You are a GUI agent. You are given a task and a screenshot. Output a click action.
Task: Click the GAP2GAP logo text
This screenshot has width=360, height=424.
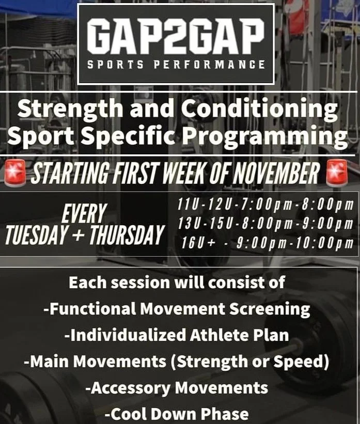tap(176, 37)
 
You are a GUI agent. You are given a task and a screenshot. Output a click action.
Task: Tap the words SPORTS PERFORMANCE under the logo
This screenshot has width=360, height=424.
tap(176, 65)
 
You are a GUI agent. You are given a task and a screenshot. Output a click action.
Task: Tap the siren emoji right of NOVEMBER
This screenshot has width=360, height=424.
tap(336, 175)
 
